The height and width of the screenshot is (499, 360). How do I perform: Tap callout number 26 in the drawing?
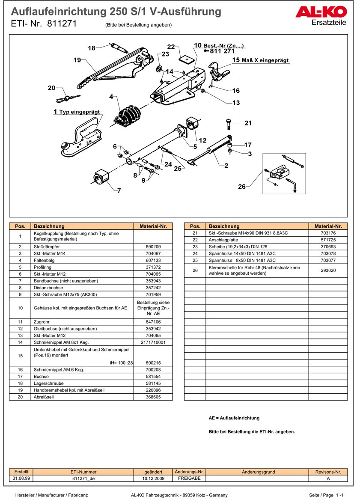[x=242, y=186]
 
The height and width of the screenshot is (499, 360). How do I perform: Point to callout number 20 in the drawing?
[x=51, y=88]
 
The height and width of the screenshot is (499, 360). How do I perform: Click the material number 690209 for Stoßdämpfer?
[x=153, y=247]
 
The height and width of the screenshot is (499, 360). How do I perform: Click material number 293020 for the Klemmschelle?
[x=328, y=270]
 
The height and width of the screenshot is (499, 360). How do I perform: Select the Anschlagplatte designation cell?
[x=221, y=240]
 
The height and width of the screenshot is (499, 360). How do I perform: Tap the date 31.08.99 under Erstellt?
[x=21, y=478]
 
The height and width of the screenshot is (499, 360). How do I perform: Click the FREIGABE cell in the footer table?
[x=189, y=478]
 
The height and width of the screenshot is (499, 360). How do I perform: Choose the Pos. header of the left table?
[x=20, y=226]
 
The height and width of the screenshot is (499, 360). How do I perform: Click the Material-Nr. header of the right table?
[x=328, y=226]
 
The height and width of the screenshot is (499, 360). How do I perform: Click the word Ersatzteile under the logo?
[x=329, y=23]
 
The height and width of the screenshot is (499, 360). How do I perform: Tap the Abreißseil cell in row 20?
[x=44, y=397]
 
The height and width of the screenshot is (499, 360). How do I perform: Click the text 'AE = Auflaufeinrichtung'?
[x=234, y=418]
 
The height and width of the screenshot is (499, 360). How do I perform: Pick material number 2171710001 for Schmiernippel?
[x=153, y=342]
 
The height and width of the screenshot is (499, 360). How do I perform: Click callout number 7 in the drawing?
[x=119, y=190]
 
